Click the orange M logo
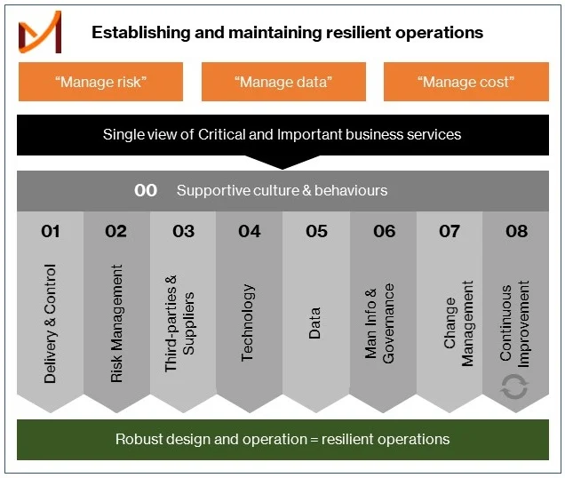[40, 32]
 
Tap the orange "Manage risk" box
[101, 82]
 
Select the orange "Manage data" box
[283, 82]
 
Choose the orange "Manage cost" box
[466, 82]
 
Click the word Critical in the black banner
[221, 134]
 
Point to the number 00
[146, 190]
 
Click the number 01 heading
[51, 231]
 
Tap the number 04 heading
[250, 231]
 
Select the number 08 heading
[517, 231]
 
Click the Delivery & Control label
[50, 323]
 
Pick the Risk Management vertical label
[116, 323]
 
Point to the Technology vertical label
[248, 323]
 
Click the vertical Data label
[314, 323]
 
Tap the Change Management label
[458, 323]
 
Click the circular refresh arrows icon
[514, 386]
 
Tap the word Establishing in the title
[141, 33]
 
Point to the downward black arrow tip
[282, 169]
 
